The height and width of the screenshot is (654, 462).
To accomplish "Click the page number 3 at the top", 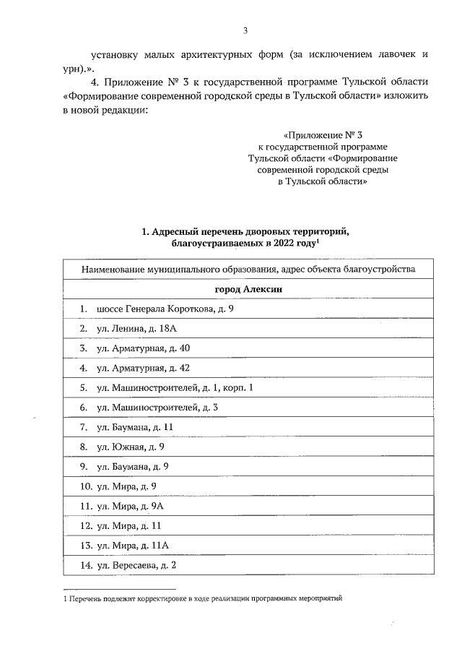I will point(245,30).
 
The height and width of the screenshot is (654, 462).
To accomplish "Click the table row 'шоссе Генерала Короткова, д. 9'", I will point(165,309).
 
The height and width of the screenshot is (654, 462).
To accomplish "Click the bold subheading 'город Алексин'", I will point(248,289).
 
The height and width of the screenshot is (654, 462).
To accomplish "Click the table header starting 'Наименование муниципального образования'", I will point(248,270).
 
